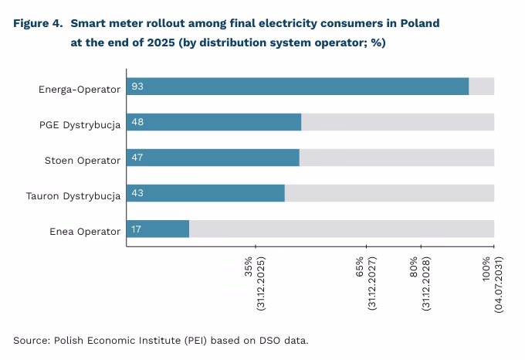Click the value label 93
click(x=137, y=87)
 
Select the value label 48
click(x=137, y=122)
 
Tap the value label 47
click(x=137, y=158)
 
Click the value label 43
click(x=137, y=193)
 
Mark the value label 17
click(x=137, y=229)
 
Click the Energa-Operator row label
click(x=80, y=89)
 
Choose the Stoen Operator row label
click(x=83, y=160)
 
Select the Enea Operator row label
click(x=85, y=231)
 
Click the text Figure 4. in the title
click(x=38, y=23)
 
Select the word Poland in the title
click(x=419, y=23)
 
